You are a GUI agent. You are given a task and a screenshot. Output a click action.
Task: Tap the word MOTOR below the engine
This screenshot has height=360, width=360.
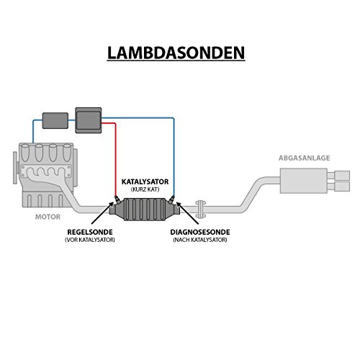pos(48,215)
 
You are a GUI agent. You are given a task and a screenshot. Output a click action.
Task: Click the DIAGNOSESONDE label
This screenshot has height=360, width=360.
pos(199,233)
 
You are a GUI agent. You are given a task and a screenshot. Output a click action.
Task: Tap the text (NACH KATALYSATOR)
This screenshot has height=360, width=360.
pos(199,240)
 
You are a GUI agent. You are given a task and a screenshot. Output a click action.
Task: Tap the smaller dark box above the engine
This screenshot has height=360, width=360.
pos(54,119)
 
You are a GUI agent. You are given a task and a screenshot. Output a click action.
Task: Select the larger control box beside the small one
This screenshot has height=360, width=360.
pos(88,118)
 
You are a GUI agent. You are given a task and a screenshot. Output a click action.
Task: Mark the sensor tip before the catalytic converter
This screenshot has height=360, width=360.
pos(114,198)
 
